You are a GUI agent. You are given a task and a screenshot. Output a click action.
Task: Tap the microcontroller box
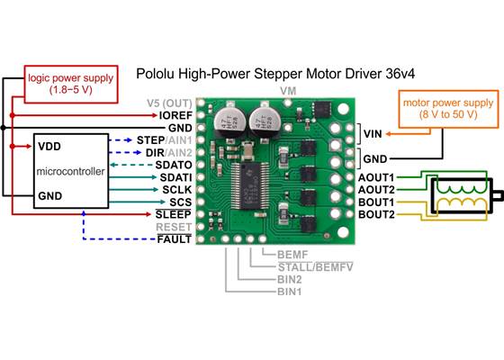click(69, 171)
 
